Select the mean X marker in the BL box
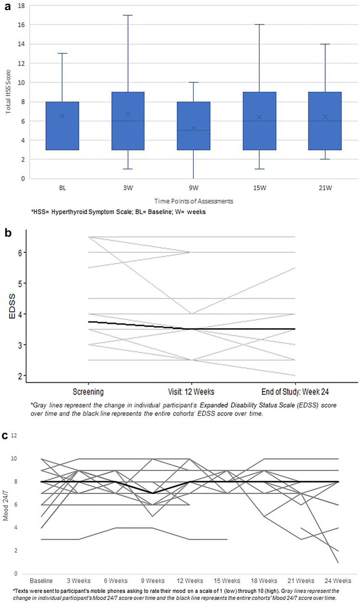coord(62,116)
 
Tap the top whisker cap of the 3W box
coord(128,15)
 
